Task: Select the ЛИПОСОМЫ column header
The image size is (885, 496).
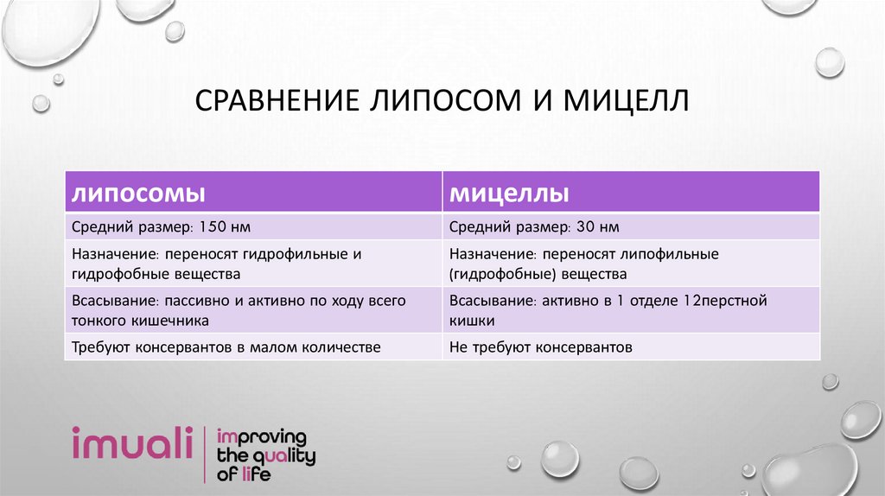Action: point(137,192)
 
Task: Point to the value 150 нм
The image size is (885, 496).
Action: point(224,227)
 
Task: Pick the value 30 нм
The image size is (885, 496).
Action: point(596,227)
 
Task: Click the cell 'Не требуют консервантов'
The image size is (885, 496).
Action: point(541,347)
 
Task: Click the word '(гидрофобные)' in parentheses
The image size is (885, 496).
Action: point(503,274)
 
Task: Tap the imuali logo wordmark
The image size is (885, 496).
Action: point(133,445)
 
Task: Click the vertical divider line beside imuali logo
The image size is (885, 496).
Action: point(203,454)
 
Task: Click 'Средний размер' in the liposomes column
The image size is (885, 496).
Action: point(113,227)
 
